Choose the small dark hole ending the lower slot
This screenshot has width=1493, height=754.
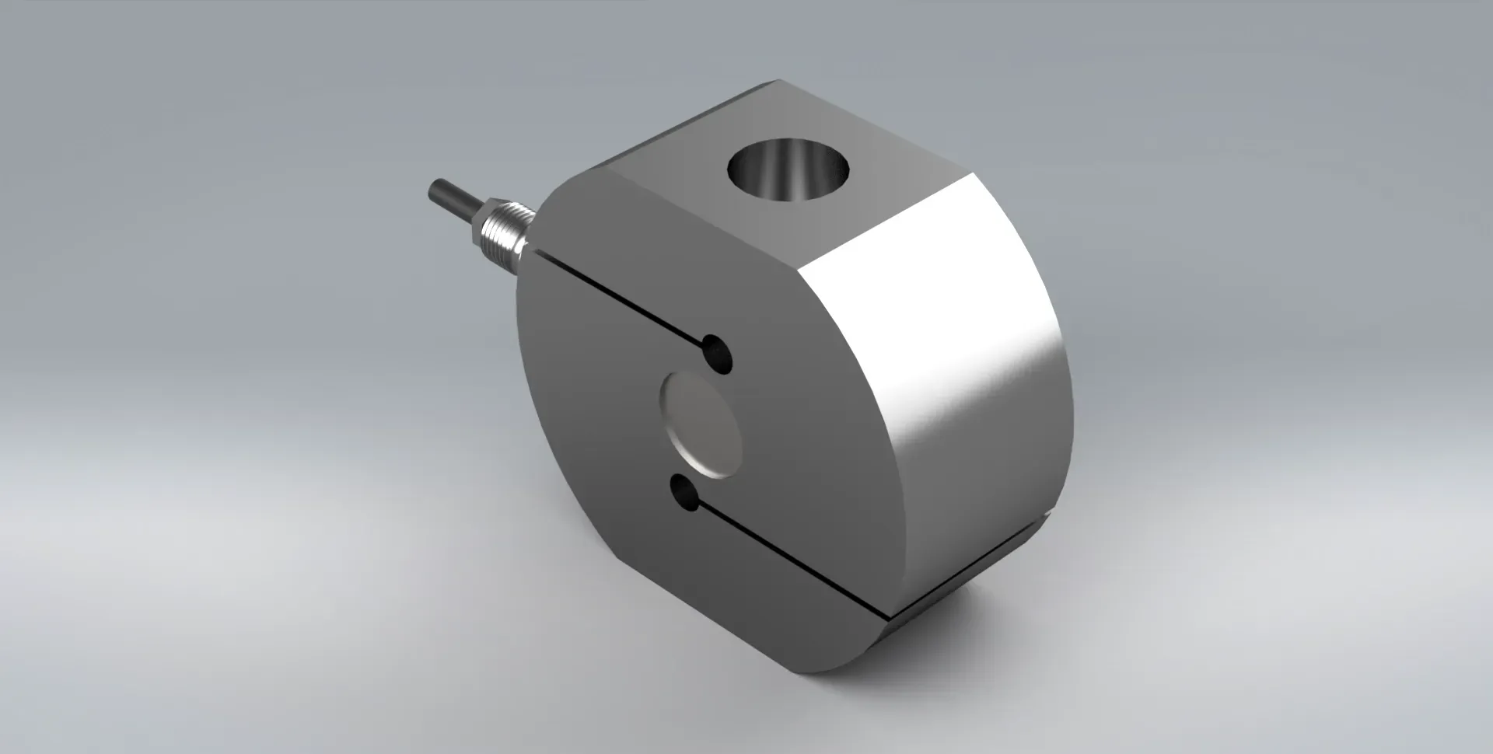[684, 493]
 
